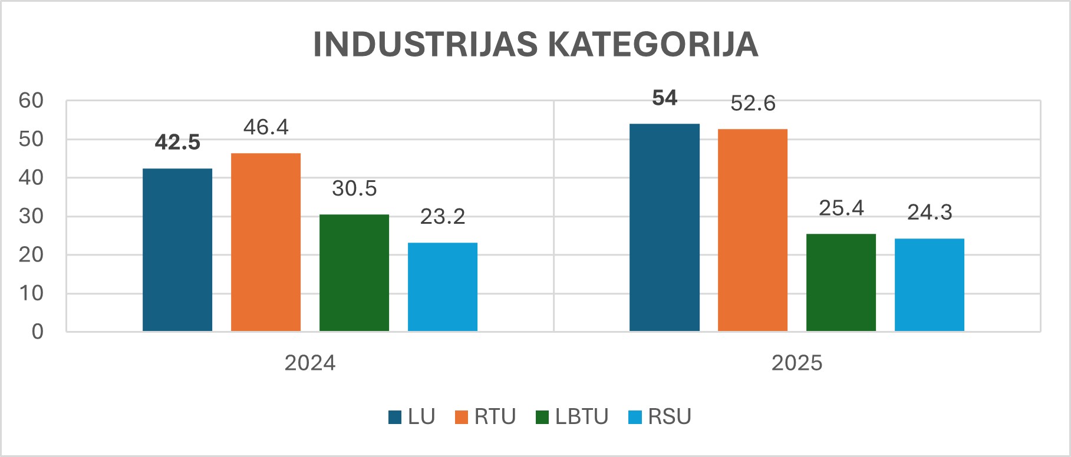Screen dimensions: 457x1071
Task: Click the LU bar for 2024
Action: (x=177, y=250)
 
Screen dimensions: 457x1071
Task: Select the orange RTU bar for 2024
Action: (x=266, y=242)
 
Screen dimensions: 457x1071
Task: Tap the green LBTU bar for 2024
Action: (x=354, y=273)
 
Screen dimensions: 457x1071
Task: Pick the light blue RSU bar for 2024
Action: (x=443, y=287)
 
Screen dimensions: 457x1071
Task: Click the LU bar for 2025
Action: (x=664, y=227)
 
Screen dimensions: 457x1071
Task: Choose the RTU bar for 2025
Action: (x=753, y=230)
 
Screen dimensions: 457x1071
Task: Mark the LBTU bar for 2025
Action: (x=841, y=283)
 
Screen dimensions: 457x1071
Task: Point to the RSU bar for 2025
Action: (x=930, y=285)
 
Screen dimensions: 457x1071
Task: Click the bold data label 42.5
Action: (x=177, y=143)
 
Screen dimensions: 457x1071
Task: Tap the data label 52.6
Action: (x=753, y=104)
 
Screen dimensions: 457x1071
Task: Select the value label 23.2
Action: (x=443, y=217)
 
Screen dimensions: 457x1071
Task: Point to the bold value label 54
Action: (x=664, y=98)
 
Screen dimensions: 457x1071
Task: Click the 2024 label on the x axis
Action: (x=310, y=363)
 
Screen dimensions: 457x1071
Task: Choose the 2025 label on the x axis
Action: (x=797, y=363)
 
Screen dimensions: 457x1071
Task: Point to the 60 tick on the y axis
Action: (x=31, y=101)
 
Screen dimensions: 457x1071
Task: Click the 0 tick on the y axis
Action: (x=38, y=332)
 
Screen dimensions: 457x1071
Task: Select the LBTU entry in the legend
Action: (x=572, y=416)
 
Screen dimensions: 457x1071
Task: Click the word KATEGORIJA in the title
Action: (x=653, y=44)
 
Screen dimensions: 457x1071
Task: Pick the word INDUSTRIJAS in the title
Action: (x=425, y=44)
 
